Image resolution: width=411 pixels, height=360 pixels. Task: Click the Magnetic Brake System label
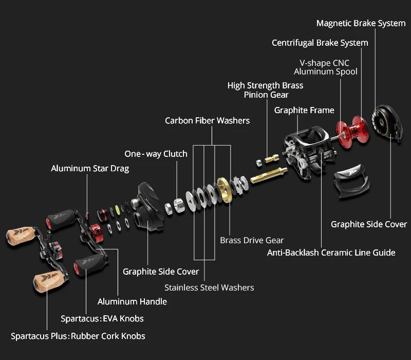click(x=361, y=23)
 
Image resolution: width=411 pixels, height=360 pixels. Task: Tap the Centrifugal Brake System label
click(x=320, y=43)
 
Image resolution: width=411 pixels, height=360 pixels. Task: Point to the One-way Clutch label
click(x=156, y=154)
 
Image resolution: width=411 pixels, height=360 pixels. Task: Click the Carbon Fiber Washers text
click(x=207, y=120)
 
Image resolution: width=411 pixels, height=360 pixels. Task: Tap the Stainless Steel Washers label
click(x=209, y=287)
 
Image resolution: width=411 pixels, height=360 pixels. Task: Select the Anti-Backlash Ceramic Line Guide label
click(x=331, y=253)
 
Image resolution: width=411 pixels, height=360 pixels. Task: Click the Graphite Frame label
click(x=304, y=110)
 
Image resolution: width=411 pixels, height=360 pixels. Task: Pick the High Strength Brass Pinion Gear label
click(x=265, y=90)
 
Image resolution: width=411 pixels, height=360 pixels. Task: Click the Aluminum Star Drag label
click(x=90, y=168)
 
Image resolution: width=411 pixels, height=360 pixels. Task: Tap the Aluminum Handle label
click(x=132, y=301)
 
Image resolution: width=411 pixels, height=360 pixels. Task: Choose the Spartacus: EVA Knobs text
click(x=102, y=318)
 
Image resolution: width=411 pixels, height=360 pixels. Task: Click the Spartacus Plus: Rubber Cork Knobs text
click(x=78, y=336)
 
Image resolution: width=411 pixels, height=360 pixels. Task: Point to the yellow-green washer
click(x=118, y=209)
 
